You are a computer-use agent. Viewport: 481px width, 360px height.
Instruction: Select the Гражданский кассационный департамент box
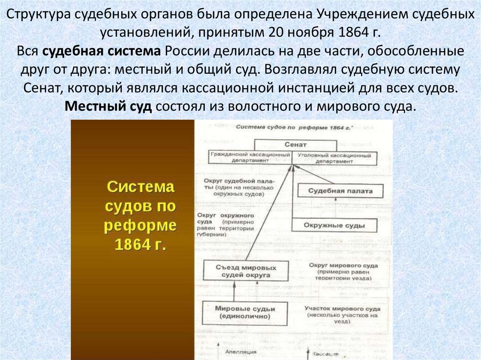pyautogui.click(x=249, y=158)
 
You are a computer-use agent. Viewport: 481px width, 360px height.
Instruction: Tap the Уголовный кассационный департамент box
pyautogui.click(x=334, y=158)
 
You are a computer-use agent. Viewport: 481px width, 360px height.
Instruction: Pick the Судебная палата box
pyautogui.click(x=341, y=191)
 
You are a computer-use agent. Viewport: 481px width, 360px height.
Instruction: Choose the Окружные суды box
pyautogui.click(x=334, y=225)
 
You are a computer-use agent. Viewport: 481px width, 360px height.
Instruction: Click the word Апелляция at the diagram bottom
pyautogui.click(x=240, y=352)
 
